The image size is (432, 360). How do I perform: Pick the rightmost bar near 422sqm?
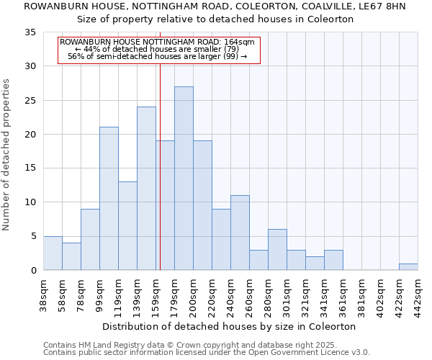point(408,267)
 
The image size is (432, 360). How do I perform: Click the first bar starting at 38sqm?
point(53,253)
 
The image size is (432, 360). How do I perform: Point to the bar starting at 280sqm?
point(277,250)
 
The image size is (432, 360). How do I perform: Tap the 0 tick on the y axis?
point(33,271)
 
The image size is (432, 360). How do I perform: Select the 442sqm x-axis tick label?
point(418,297)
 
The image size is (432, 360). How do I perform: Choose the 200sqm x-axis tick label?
point(194,297)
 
